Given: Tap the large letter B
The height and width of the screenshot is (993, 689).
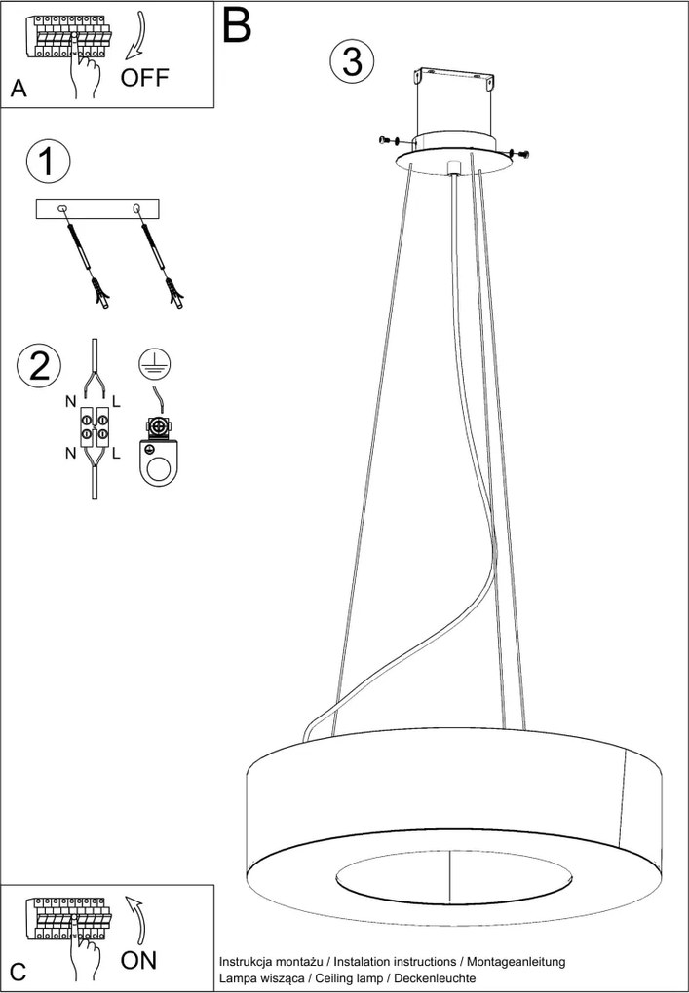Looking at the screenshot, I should click(x=238, y=25).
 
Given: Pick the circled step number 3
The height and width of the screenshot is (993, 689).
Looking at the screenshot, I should click(x=352, y=60).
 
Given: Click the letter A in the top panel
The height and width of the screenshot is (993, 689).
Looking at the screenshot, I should click(x=19, y=90).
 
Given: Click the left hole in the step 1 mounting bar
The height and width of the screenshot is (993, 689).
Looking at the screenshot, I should click(x=62, y=208).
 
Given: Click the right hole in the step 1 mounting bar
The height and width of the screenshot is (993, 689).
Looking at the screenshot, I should click(x=135, y=208).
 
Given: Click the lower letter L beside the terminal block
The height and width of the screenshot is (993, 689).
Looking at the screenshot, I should click(x=116, y=454).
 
